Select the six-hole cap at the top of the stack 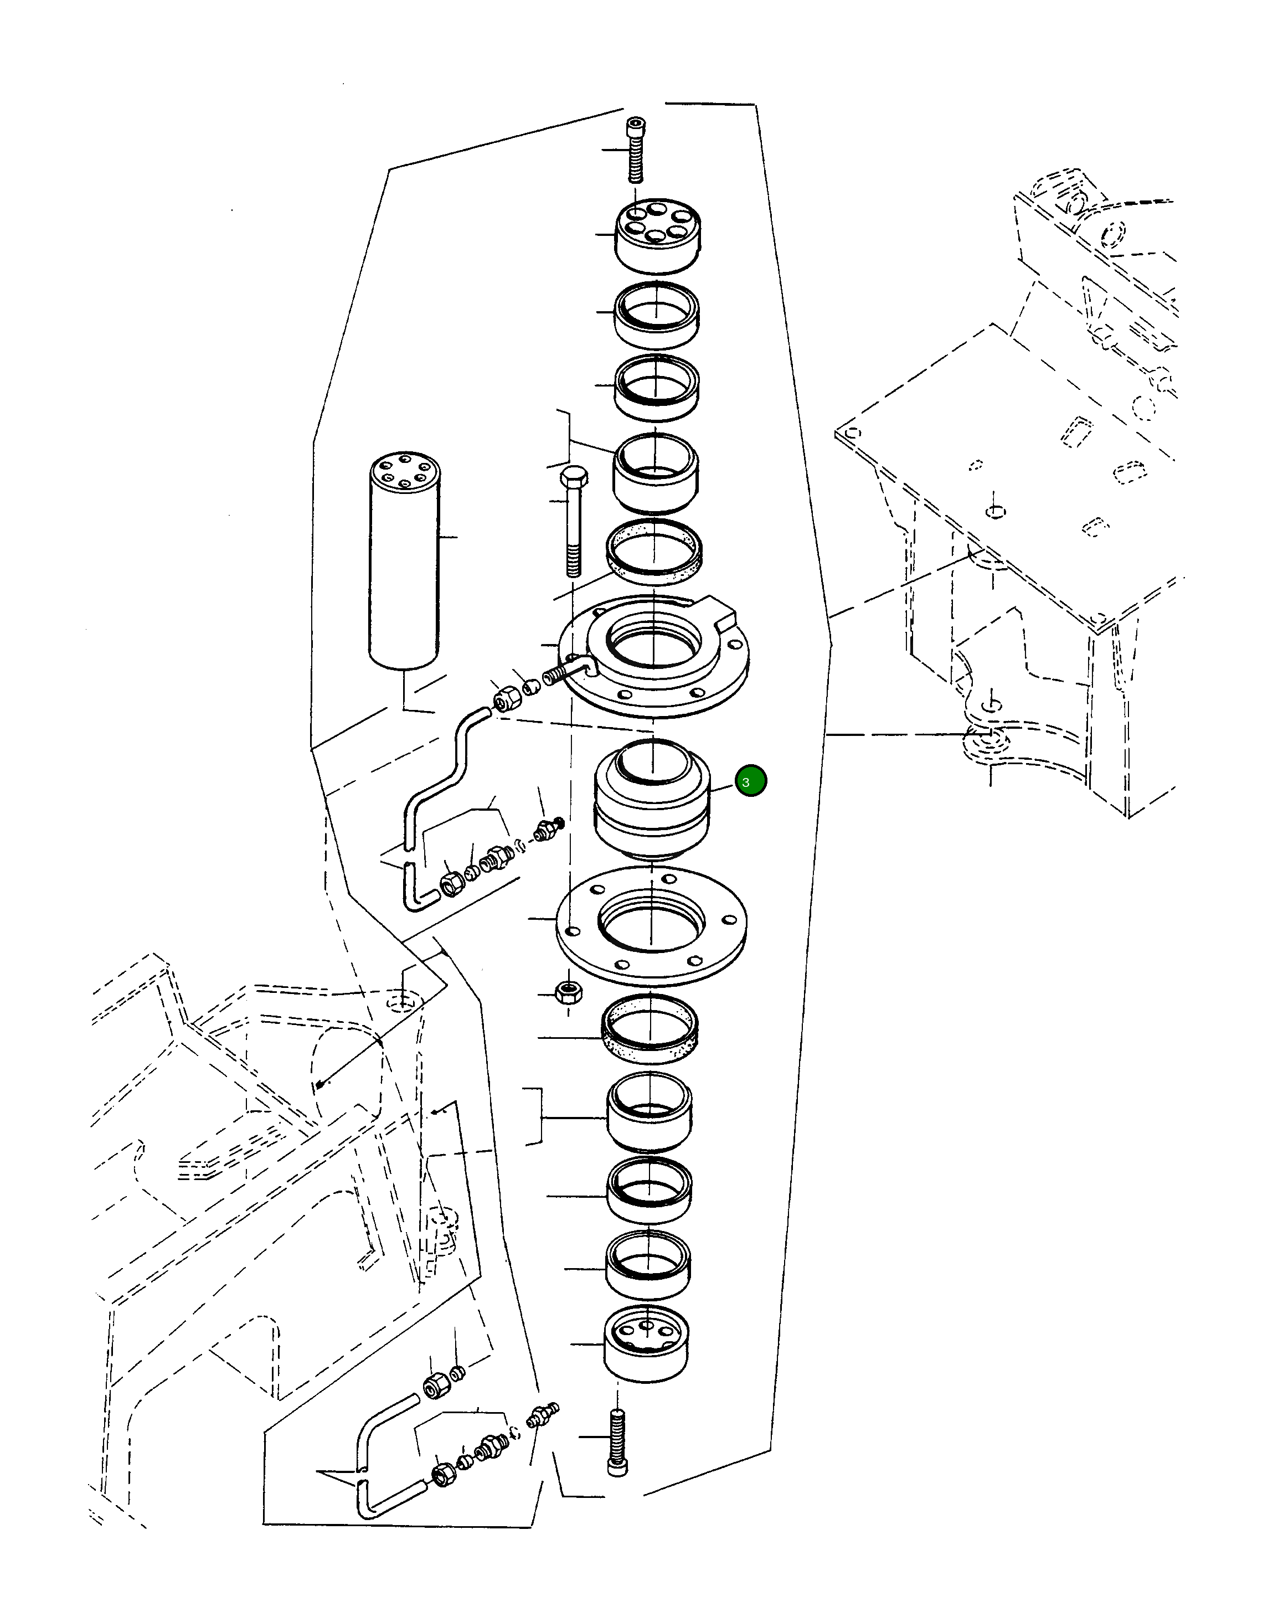(657, 236)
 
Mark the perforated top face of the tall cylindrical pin (405, 471)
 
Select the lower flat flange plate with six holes (651, 928)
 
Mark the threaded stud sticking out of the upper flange (560, 676)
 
